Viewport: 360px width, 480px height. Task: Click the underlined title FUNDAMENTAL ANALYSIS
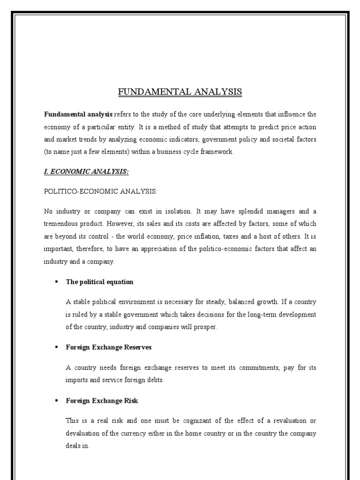[180, 92]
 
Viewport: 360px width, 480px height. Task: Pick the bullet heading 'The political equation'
[99, 282]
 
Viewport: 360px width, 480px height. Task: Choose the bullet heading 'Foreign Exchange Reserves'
[109, 347]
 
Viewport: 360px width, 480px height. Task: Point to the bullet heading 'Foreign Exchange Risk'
[102, 401]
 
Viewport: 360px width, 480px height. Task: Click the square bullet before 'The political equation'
[56, 282]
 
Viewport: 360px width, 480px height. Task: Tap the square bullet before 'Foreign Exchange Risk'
[56, 401]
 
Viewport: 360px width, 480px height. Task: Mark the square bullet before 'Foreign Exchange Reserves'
[56, 347]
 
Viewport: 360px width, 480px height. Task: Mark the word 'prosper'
[205, 327]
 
